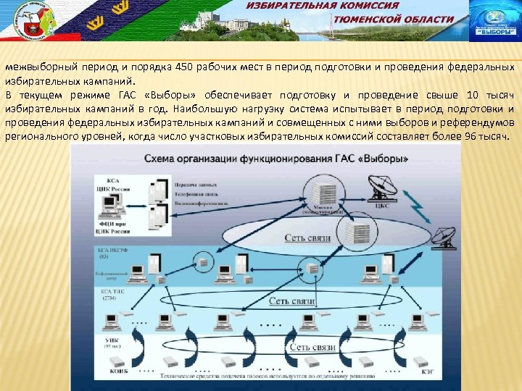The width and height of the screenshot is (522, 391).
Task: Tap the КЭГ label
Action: (x=423, y=370)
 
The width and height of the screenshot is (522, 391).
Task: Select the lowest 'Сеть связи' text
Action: (x=312, y=347)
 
